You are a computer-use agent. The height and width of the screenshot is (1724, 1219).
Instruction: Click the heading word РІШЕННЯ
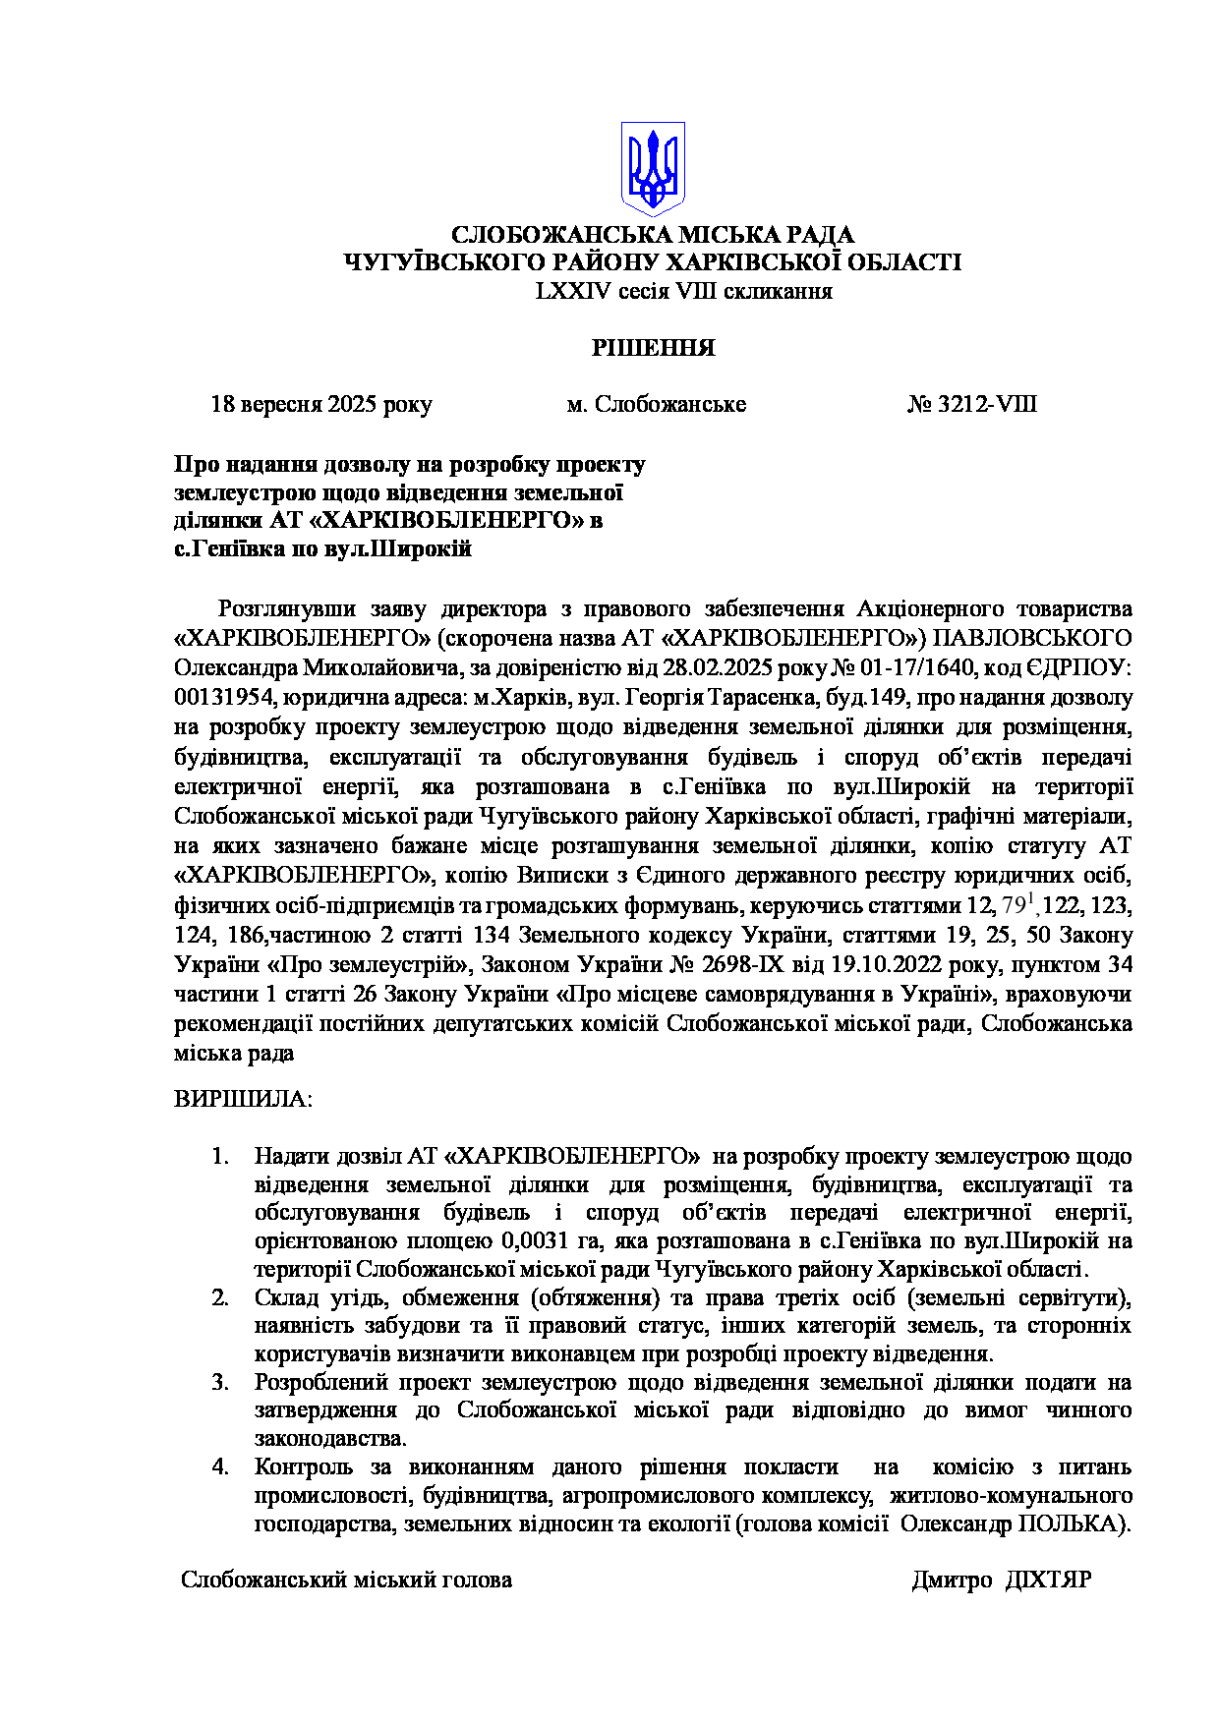click(x=653, y=348)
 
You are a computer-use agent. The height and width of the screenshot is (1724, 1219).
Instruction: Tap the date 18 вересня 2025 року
click(x=321, y=405)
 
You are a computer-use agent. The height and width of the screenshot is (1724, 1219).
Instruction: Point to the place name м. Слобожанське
click(x=656, y=405)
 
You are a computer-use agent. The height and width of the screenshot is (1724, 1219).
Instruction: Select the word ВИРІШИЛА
click(x=242, y=1099)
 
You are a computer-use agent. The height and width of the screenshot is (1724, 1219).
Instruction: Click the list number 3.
click(x=220, y=1383)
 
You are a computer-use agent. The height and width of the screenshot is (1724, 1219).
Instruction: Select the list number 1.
click(x=220, y=1157)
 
